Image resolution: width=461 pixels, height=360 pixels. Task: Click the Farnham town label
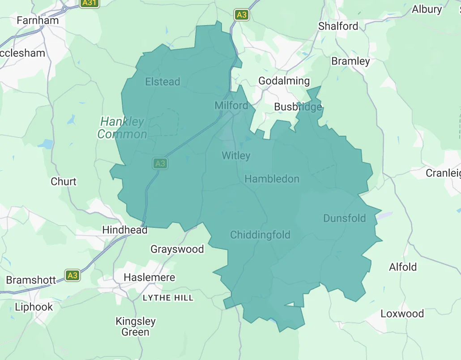tap(38, 21)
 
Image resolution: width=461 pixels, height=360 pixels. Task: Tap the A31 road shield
tap(89, 3)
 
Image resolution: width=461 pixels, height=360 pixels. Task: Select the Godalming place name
tap(284, 81)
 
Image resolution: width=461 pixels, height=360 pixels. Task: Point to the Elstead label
tap(162, 81)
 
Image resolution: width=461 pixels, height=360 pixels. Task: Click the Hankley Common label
tap(122, 128)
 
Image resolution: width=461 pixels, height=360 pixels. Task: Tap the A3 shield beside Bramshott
tap(73, 275)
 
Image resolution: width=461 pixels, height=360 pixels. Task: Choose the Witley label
tap(236, 156)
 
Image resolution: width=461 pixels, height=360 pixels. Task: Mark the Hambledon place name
tap(272, 179)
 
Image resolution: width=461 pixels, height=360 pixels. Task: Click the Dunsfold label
tap(344, 219)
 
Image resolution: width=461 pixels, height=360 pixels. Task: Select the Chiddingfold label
tap(260, 235)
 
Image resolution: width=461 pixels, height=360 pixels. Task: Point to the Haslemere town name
tap(149, 278)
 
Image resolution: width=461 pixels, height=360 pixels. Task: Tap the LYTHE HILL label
tap(168, 298)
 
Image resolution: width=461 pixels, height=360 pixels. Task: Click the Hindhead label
tap(125, 230)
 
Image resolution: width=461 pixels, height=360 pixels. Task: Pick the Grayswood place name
tap(177, 249)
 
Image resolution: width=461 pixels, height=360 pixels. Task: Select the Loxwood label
tap(402, 314)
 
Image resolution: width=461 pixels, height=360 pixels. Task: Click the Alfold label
tap(403, 267)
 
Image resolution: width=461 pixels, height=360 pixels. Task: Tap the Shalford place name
tap(338, 26)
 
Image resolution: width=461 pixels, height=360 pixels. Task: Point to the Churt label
tap(64, 182)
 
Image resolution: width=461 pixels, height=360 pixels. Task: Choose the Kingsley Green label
tap(136, 327)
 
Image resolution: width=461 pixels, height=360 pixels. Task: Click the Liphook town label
tap(34, 307)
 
